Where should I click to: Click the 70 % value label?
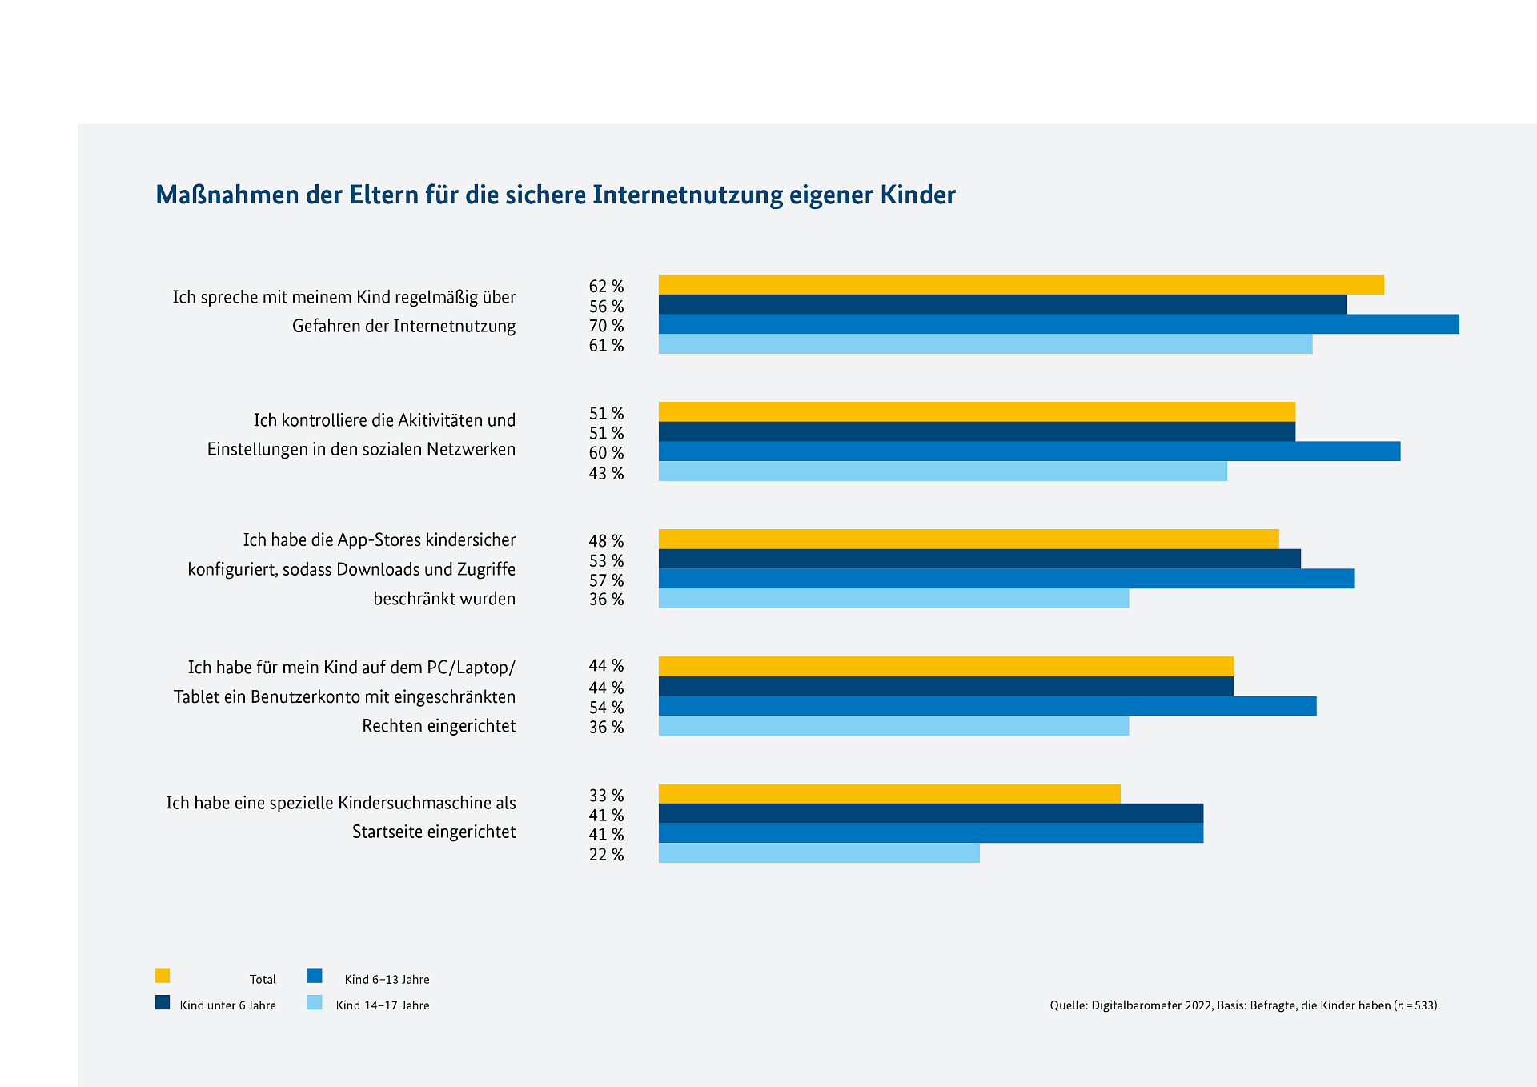(x=606, y=326)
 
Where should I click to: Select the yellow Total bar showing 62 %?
(x=1021, y=284)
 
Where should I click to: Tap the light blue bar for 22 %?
(x=819, y=853)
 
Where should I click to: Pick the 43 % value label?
(x=606, y=473)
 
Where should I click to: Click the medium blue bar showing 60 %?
(x=1029, y=451)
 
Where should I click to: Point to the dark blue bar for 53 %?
(x=979, y=559)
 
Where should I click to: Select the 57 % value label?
(x=606, y=580)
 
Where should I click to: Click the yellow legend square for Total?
(x=163, y=976)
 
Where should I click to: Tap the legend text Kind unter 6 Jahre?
(x=227, y=1005)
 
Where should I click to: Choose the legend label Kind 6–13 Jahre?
(x=387, y=980)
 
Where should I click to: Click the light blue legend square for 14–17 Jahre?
(x=315, y=1002)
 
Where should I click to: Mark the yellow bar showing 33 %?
(x=889, y=793)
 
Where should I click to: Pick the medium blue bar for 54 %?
(x=987, y=706)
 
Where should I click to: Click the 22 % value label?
(x=606, y=855)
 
